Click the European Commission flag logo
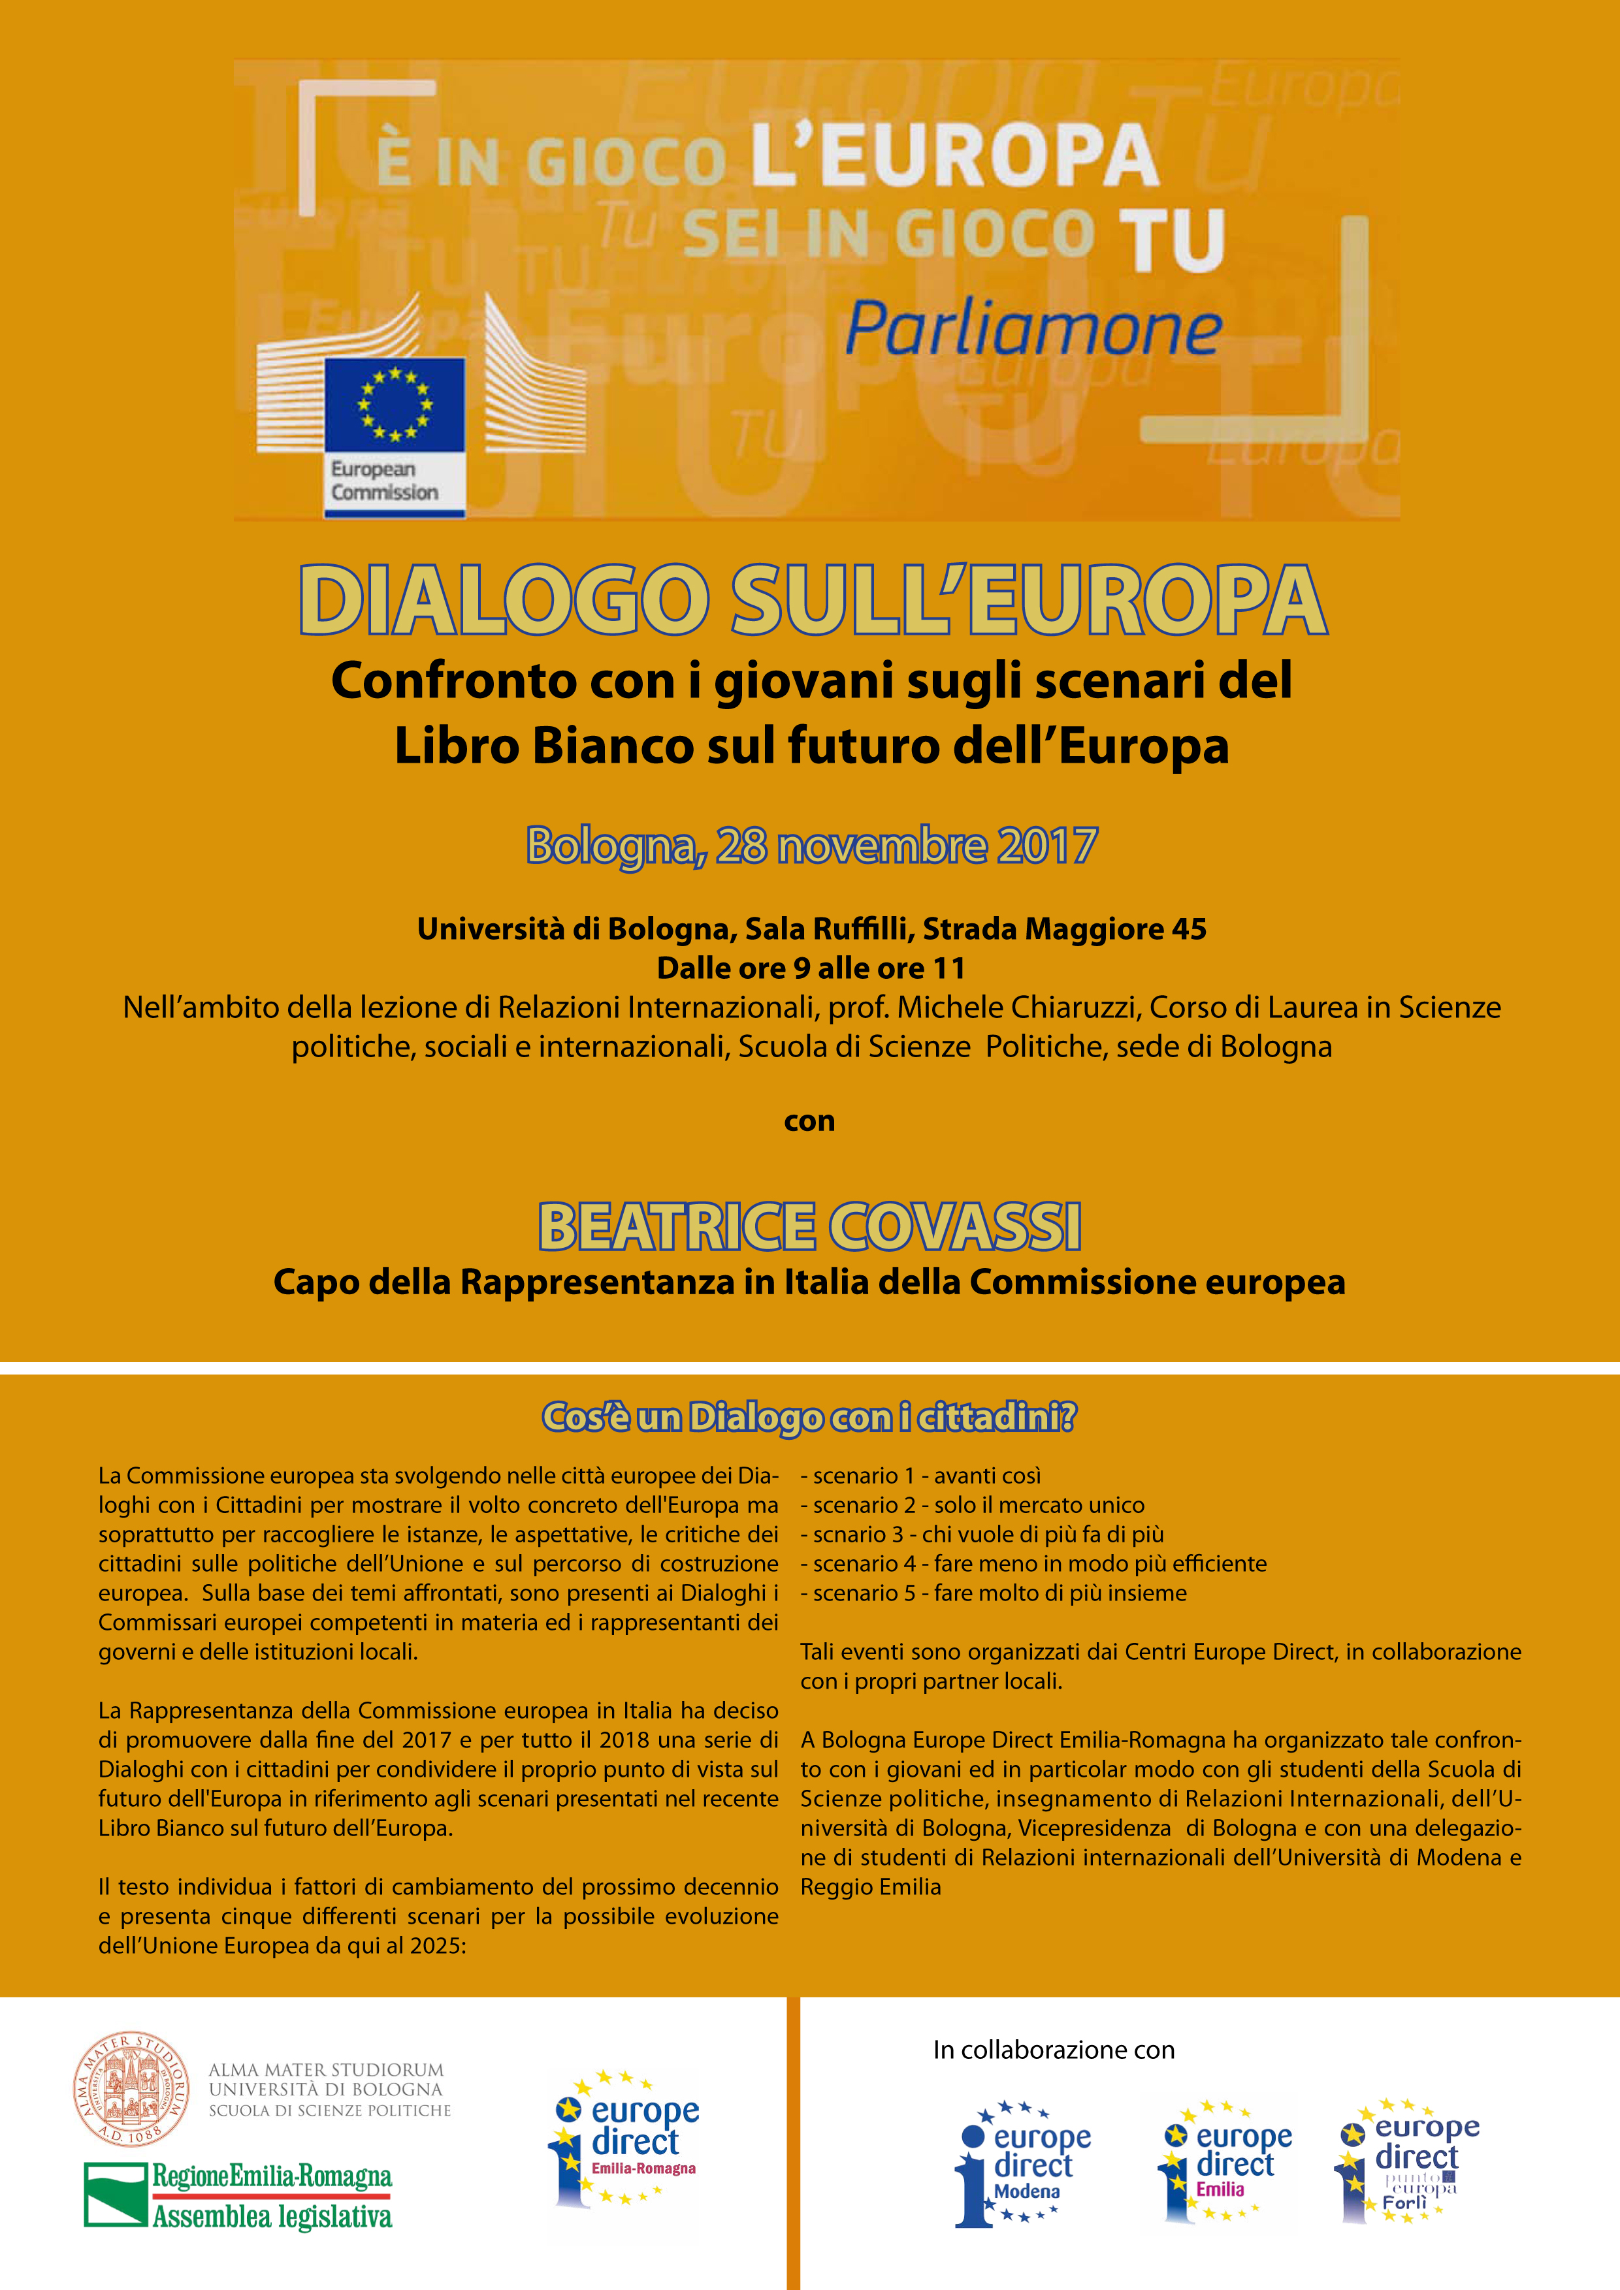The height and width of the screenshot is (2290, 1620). pos(395,404)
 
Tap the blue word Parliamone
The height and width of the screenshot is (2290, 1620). pos(1033,328)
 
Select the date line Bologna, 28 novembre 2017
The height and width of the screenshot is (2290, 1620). pos(811,846)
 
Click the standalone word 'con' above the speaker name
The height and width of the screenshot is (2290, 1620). pos(809,1121)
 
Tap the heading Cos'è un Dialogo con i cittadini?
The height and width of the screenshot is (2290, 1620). pos(809,1416)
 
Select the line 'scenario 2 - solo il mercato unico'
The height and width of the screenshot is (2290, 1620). pos(978,1505)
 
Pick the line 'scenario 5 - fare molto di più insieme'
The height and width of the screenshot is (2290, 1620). pos(999,1593)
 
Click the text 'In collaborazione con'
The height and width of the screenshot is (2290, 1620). pos(1054,2050)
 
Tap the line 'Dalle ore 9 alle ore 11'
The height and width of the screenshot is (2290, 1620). pos(810,968)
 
